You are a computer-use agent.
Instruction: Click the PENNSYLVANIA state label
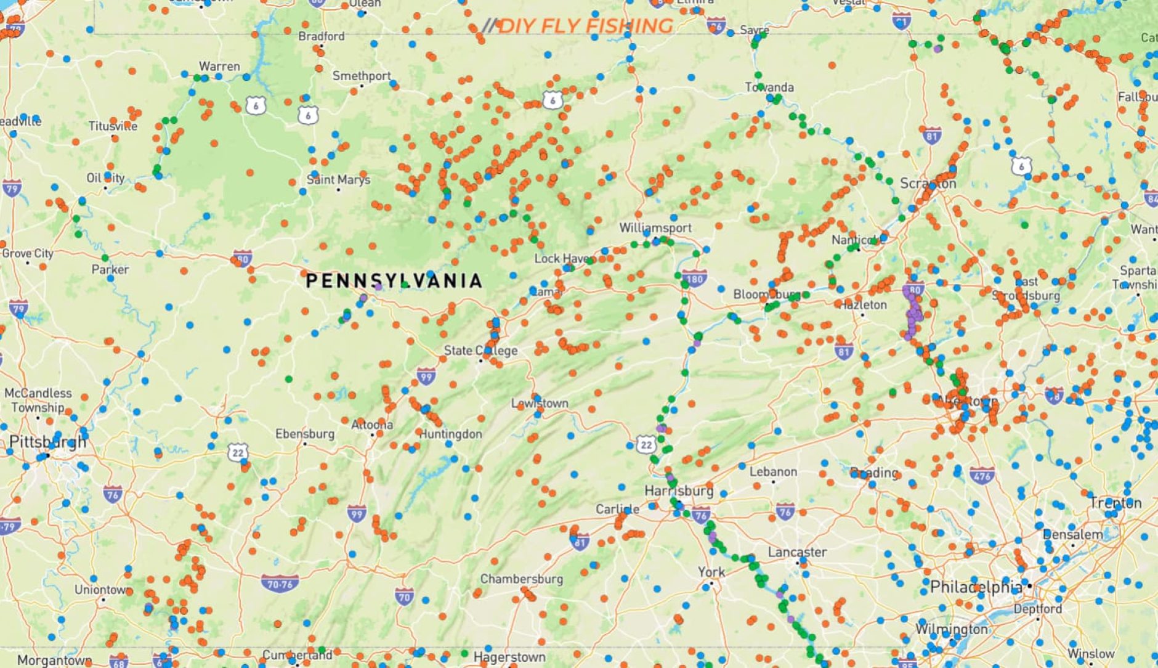click(394, 281)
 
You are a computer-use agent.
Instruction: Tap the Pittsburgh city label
click(47, 442)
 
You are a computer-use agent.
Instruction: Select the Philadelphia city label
click(976, 587)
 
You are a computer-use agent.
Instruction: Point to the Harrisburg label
click(679, 491)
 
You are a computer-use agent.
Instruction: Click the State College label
click(480, 351)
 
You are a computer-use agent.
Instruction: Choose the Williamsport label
click(655, 227)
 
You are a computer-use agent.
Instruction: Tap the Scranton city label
click(928, 184)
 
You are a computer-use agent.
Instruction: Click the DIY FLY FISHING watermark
click(579, 26)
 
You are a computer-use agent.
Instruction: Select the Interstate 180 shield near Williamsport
click(694, 279)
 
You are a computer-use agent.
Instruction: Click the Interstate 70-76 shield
click(280, 583)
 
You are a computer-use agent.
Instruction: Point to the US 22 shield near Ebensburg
click(238, 453)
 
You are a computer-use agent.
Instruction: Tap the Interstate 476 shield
click(982, 476)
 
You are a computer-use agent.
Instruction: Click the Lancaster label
click(797, 552)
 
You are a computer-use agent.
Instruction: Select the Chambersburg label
click(521, 579)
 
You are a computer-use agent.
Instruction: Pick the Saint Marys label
click(339, 179)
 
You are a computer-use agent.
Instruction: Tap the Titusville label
click(113, 126)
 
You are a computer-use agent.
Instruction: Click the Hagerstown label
click(509, 657)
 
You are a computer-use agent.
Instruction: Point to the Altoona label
click(372, 425)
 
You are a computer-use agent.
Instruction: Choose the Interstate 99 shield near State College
click(426, 375)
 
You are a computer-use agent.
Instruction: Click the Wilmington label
click(951, 629)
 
